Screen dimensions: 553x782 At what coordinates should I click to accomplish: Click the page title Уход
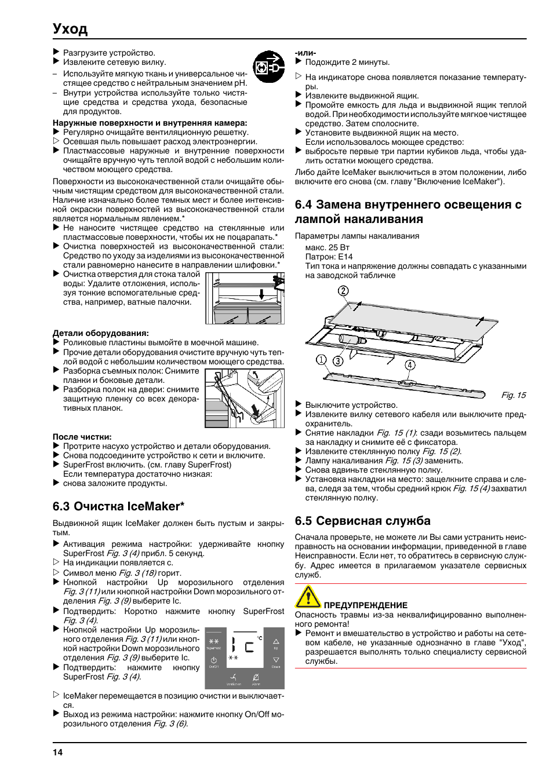click(x=70, y=28)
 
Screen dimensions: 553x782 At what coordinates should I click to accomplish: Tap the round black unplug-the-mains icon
click(x=268, y=67)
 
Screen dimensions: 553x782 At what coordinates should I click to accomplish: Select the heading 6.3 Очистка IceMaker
click(x=118, y=506)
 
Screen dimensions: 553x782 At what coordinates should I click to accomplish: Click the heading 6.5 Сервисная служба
click(x=363, y=521)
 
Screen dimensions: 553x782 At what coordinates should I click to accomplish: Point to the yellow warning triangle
click(x=308, y=597)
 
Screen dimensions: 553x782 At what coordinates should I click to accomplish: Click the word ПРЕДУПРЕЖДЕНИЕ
click(x=365, y=605)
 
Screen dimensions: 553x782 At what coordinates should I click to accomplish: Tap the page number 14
click(x=57, y=752)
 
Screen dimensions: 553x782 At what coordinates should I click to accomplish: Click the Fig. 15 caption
click(x=513, y=395)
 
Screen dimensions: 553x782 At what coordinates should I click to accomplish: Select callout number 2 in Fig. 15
click(x=343, y=291)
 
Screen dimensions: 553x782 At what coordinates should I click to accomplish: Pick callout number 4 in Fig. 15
click(x=410, y=365)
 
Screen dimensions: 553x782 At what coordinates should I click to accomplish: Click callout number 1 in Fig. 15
click(x=321, y=360)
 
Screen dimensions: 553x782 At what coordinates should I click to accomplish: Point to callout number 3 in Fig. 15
click(x=338, y=361)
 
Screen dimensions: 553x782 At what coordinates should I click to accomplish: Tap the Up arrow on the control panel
click(x=276, y=641)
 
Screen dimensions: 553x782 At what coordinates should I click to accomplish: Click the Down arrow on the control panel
click(x=276, y=660)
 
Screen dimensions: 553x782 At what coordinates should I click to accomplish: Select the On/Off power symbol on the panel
click(x=214, y=660)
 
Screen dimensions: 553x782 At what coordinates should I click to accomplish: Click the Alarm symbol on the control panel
click(x=256, y=677)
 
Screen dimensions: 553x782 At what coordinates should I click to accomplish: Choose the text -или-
click(x=305, y=53)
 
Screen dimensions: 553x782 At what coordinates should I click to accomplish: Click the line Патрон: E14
click(x=329, y=257)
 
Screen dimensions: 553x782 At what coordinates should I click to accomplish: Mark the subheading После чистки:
click(x=82, y=437)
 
